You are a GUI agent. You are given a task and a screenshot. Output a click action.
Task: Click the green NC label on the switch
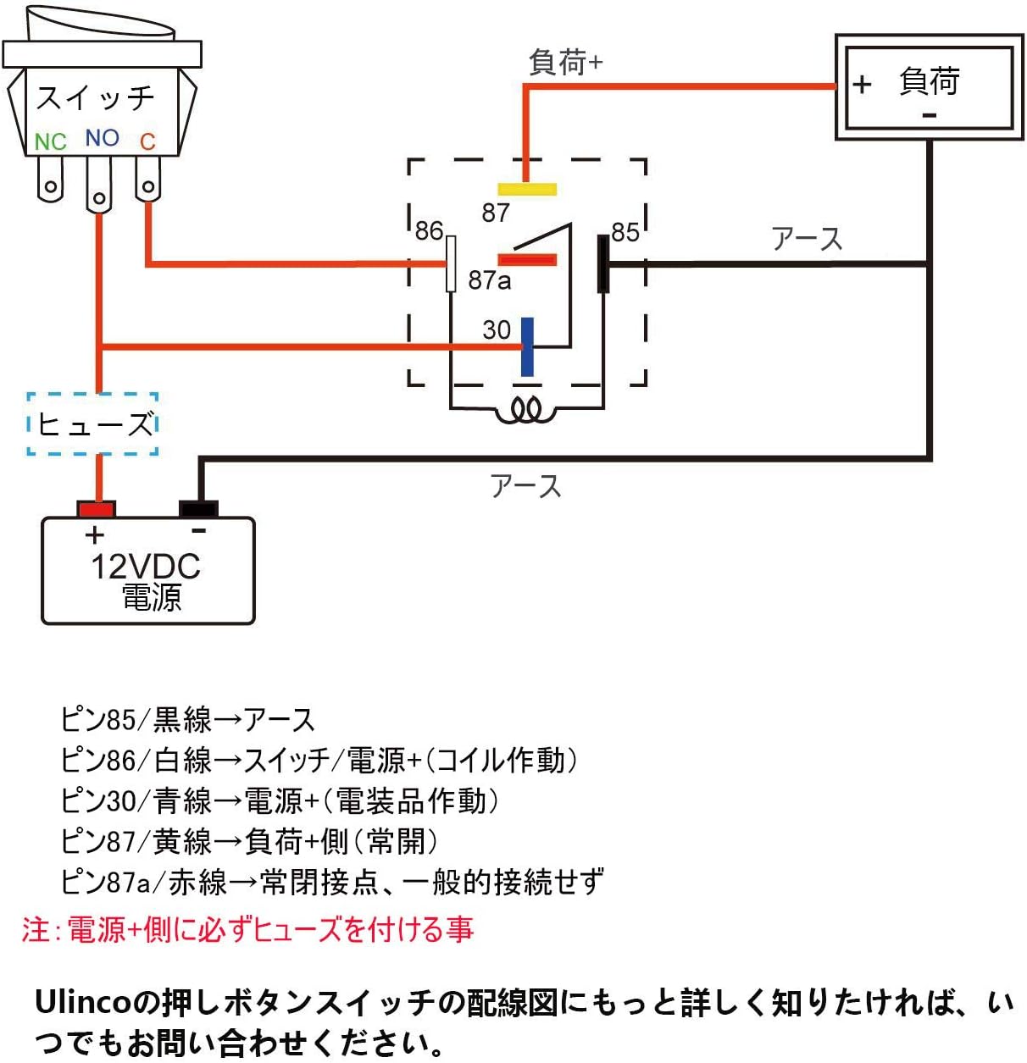pyautogui.click(x=50, y=141)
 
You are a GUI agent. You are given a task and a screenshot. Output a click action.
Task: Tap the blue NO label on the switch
pyautogui.click(x=102, y=138)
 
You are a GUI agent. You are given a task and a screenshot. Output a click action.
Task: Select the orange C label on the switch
pyautogui.click(x=147, y=141)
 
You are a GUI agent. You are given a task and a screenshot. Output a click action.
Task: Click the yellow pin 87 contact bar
pyautogui.click(x=527, y=189)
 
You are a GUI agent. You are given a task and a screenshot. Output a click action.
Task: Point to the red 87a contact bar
pyautogui.click(x=527, y=259)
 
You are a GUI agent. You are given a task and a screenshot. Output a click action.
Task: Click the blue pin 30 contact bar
pyautogui.click(x=527, y=346)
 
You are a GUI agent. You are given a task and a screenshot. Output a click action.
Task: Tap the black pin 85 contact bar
pyautogui.click(x=602, y=264)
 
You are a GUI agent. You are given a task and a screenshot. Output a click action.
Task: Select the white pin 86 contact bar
pyautogui.click(x=451, y=264)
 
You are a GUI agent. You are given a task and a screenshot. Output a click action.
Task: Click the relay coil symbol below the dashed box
pyautogui.click(x=526, y=412)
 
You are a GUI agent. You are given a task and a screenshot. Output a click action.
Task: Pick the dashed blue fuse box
pyautogui.click(x=93, y=424)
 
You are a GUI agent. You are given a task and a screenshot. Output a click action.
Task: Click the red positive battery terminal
pyautogui.click(x=96, y=509)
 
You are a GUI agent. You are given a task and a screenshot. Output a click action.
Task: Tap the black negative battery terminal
pyautogui.click(x=198, y=509)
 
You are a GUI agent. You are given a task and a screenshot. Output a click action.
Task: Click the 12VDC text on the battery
pyautogui.click(x=146, y=567)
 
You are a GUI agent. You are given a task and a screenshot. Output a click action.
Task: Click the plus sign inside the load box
pyautogui.click(x=862, y=85)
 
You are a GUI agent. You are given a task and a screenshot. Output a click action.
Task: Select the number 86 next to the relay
pyautogui.click(x=429, y=230)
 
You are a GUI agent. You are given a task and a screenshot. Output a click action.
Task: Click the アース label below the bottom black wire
pyautogui.click(x=525, y=486)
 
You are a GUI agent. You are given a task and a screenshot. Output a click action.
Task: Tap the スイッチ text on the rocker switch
pyautogui.click(x=96, y=98)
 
